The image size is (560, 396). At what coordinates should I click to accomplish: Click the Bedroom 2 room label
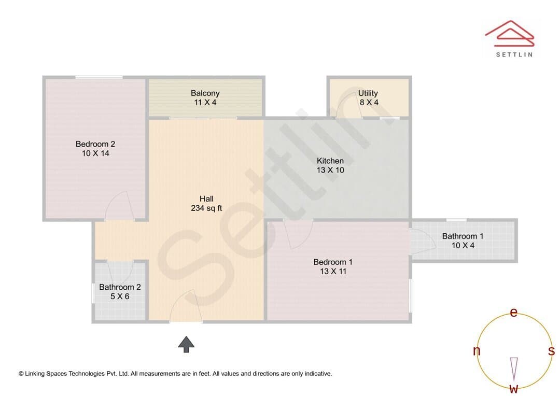[95, 144]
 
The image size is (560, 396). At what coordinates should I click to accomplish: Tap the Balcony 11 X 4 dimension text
[205, 103]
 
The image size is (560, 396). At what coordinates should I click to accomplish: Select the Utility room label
[368, 93]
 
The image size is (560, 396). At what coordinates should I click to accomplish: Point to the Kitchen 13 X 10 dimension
[330, 170]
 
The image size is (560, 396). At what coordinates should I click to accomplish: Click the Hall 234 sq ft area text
[206, 208]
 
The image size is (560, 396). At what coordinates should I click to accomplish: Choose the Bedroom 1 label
[333, 262]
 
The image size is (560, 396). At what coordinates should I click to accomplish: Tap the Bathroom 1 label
[463, 236]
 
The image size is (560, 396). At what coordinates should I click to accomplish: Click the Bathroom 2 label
[120, 287]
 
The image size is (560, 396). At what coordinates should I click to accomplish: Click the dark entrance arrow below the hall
[186, 344]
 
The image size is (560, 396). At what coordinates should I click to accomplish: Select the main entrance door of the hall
[186, 306]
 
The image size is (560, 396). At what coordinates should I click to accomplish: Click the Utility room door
[349, 104]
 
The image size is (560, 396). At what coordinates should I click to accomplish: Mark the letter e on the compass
[513, 313]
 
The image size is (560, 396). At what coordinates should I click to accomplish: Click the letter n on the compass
[476, 351]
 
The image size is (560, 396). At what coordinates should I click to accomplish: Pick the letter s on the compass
[551, 351]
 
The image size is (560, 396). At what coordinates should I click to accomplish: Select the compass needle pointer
[514, 370]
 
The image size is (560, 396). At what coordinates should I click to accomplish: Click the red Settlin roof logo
[510, 34]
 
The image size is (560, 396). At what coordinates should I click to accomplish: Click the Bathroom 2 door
[120, 273]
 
